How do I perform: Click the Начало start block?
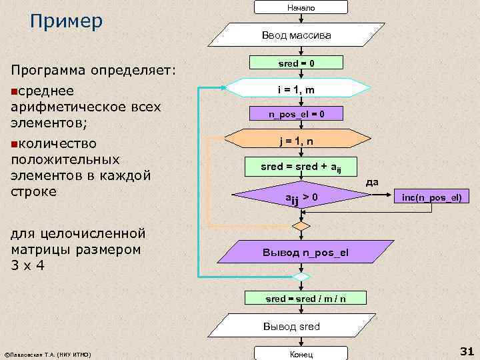pos(301,7)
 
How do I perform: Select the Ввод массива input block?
pos(301,34)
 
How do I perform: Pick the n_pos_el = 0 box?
pos(297,114)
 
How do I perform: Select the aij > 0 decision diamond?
pos(301,197)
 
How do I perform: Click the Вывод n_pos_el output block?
pos(306,253)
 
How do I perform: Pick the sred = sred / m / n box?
pos(306,299)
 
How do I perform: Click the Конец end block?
pos(301,354)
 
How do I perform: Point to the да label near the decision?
pos(373,181)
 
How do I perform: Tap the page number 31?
pos(465,351)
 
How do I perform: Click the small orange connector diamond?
pos(302,226)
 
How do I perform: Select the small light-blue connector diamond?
pos(302,276)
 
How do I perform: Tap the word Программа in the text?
pos(51,69)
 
